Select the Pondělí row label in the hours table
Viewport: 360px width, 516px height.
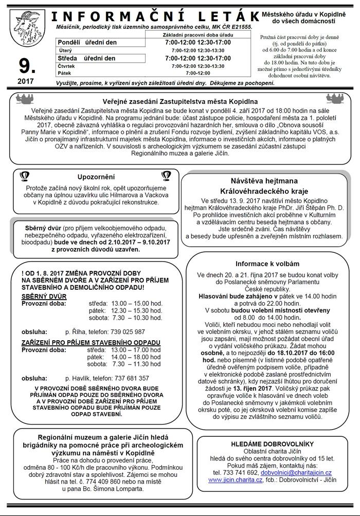click(71, 42)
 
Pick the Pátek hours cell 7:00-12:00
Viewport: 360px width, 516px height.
click(197, 73)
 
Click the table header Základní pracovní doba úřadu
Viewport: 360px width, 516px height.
click(197, 33)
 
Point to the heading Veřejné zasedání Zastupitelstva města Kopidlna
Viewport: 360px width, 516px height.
click(179, 101)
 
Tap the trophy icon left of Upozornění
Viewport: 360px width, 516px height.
click(24, 176)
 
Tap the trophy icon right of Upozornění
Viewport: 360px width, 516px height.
click(166, 176)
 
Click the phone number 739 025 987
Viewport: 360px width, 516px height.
click(126, 331)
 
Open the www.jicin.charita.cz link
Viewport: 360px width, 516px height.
click(232, 480)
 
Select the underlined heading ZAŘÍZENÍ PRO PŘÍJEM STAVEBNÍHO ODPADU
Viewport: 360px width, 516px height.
click(91, 342)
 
